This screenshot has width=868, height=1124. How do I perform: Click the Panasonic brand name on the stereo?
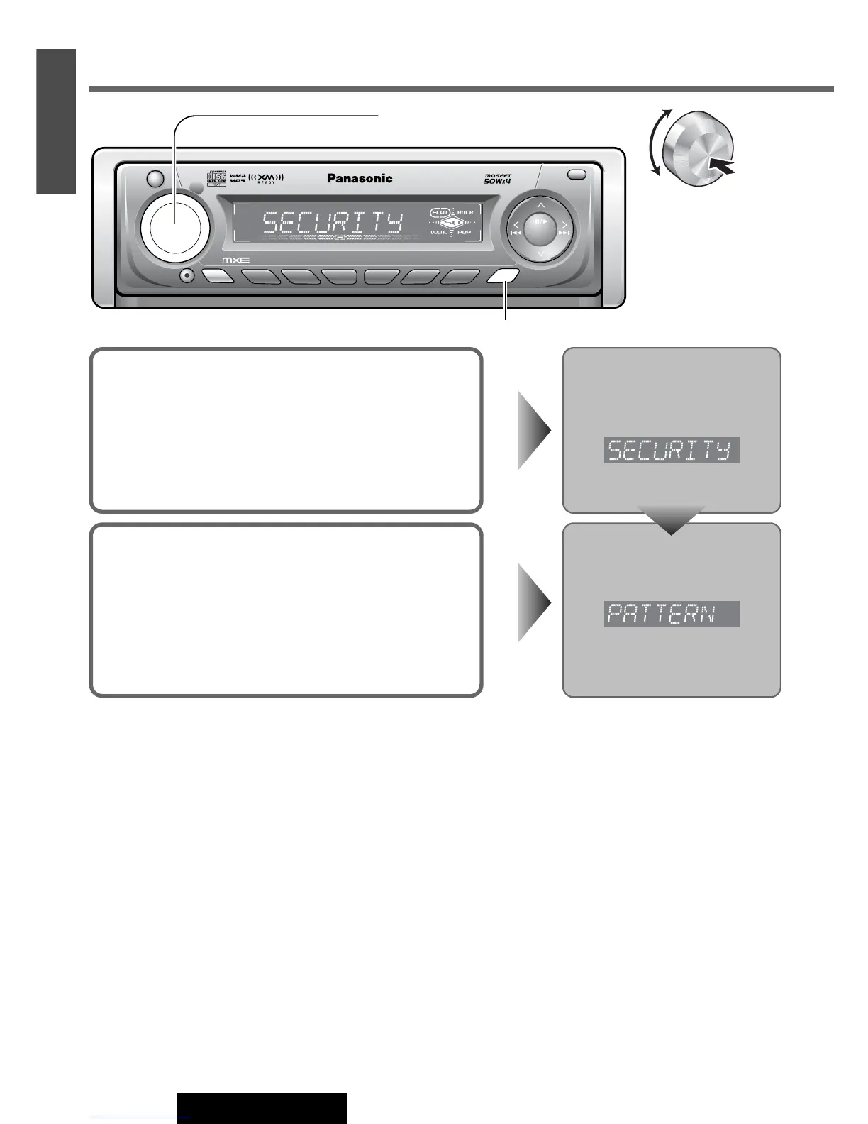pyautogui.click(x=360, y=179)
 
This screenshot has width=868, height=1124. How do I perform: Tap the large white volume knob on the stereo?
pyautogui.click(x=175, y=226)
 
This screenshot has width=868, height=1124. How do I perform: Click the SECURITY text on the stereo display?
pyautogui.click(x=333, y=224)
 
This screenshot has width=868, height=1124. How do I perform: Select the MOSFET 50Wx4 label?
pyautogui.click(x=498, y=179)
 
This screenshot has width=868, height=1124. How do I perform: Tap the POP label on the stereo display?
pyautogui.click(x=464, y=233)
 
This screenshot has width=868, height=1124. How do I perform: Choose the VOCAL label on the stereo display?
pyautogui.click(x=439, y=233)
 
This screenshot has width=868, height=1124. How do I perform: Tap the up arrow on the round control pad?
pyautogui.click(x=540, y=205)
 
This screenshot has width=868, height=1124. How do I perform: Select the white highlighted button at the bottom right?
pyautogui.click(x=503, y=277)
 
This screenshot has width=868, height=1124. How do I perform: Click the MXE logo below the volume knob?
pyautogui.click(x=236, y=260)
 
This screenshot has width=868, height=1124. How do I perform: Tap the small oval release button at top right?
pyautogui.click(x=577, y=175)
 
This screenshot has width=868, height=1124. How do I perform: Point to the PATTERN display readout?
pyautogui.click(x=671, y=614)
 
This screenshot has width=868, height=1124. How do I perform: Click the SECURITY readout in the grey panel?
pyautogui.click(x=671, y=451)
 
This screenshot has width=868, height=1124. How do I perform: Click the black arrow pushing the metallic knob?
pyautogui.click(x=721, y=166)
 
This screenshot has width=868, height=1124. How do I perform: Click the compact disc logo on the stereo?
pyautogui.click(x=216, y=177)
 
